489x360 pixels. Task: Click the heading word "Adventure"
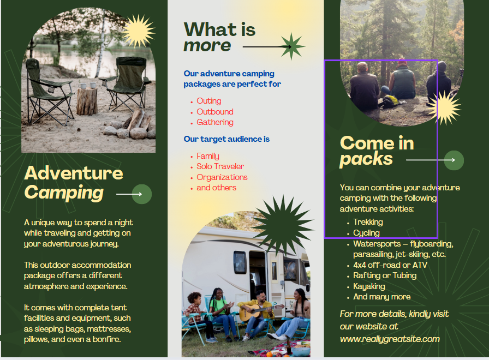tap(74, 173)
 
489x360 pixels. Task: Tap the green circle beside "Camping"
tap(142, 194)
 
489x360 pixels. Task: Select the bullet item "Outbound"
tap(215, 112)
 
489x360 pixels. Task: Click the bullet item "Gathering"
tap(215, 122)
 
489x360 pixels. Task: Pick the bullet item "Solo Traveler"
tap(220, 166)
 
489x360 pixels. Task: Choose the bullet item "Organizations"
tap(222, 177)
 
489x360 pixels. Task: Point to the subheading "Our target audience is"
tap(226, 139)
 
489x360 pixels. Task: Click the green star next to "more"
tap(291, 46)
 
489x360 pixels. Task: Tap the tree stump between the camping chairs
tap(87, 101)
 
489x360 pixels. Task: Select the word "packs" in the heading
tap(366, 159)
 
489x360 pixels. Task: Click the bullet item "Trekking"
tap(368, 222)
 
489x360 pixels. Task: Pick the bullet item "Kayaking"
tap(369, 286)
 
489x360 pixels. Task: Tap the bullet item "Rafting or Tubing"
tap(385, 275)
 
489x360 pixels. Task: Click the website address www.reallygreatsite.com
tap(390, 339)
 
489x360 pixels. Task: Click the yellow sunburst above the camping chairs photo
tap(138, 31)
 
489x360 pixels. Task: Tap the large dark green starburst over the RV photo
tap(282, 225)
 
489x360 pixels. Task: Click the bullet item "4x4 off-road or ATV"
tap(390, 265)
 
